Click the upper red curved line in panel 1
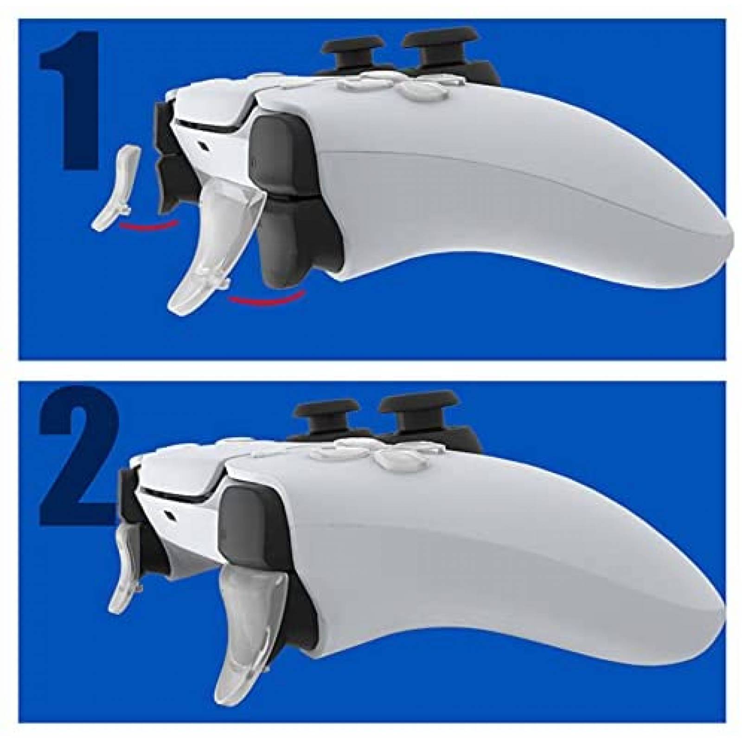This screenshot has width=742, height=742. pyautogui.click(x=148, y=225)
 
